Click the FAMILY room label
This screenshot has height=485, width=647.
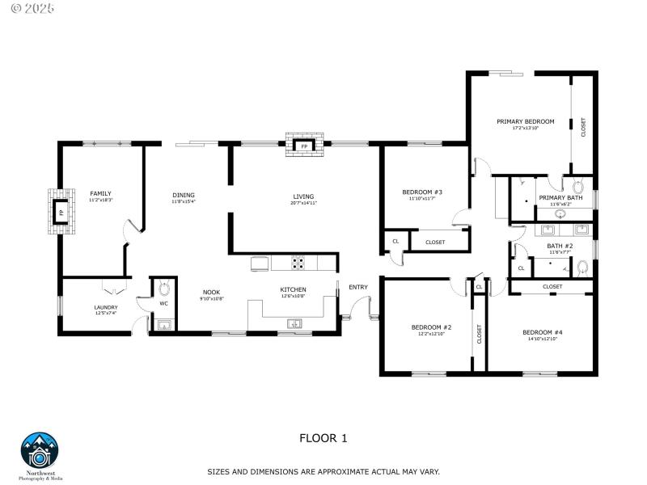100,193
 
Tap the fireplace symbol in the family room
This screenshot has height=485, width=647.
60,213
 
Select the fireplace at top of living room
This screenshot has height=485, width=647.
304,146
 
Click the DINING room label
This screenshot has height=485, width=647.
183,195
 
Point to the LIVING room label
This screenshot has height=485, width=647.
303,196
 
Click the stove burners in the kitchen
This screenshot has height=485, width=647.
298,263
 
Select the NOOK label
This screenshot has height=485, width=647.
211,292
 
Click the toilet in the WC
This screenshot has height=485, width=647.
163,288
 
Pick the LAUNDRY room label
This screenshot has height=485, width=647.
106,307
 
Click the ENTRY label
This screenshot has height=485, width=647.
357,287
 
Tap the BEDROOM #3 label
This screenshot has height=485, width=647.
422,192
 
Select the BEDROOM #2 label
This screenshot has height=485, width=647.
431,327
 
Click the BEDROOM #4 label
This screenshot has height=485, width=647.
542,332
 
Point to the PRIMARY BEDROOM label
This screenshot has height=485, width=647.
526,121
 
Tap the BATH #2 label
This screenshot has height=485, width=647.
560,246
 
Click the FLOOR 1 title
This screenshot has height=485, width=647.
323,438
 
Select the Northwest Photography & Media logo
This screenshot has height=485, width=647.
40,453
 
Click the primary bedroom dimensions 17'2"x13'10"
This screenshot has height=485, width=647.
526,128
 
